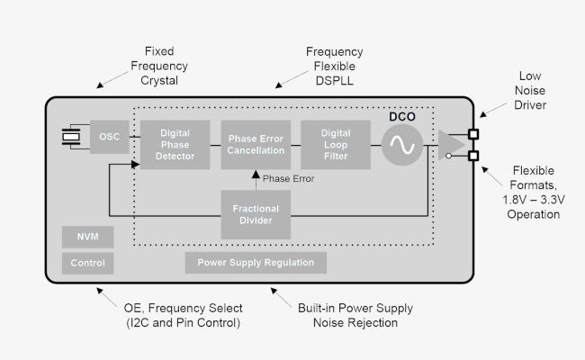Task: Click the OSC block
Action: click(109, 137)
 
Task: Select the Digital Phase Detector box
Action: click(175, 144)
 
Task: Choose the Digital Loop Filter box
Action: click(335, 144)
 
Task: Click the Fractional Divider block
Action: click(256, 214)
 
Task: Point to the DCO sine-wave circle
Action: click(401, 144)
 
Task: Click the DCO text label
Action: click(401, 115)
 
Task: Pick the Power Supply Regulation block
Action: click(256, 263)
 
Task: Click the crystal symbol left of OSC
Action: click(69, 137)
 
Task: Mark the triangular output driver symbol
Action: click(449, 144)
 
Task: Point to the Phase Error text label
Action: click(288, 178)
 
